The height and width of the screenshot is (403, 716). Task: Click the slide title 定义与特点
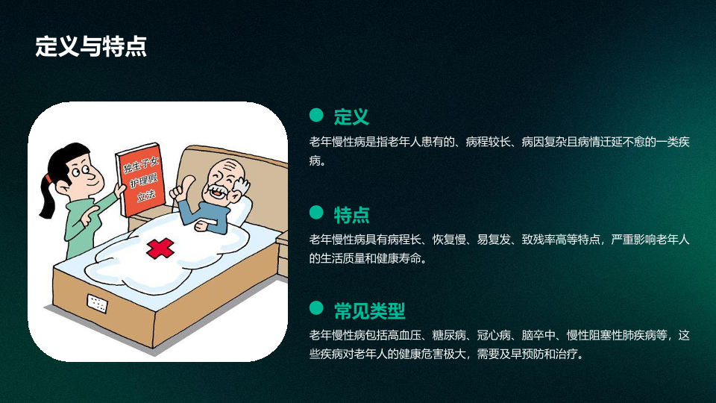[91, 46]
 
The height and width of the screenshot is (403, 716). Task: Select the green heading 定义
[351, 117]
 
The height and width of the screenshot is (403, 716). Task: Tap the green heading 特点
[351, 215]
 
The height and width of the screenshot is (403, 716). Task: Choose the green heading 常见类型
[369, 311]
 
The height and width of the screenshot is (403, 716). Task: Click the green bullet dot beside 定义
[316, 115]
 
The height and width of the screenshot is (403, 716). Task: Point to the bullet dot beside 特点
[316, 212]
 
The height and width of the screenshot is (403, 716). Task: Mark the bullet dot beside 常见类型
[316, 308]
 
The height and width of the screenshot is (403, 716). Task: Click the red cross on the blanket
[160, 248]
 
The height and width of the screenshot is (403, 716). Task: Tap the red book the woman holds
[140, 179]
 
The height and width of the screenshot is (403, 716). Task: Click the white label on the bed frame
[97, 304]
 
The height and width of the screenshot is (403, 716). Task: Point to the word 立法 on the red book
[146, 196]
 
